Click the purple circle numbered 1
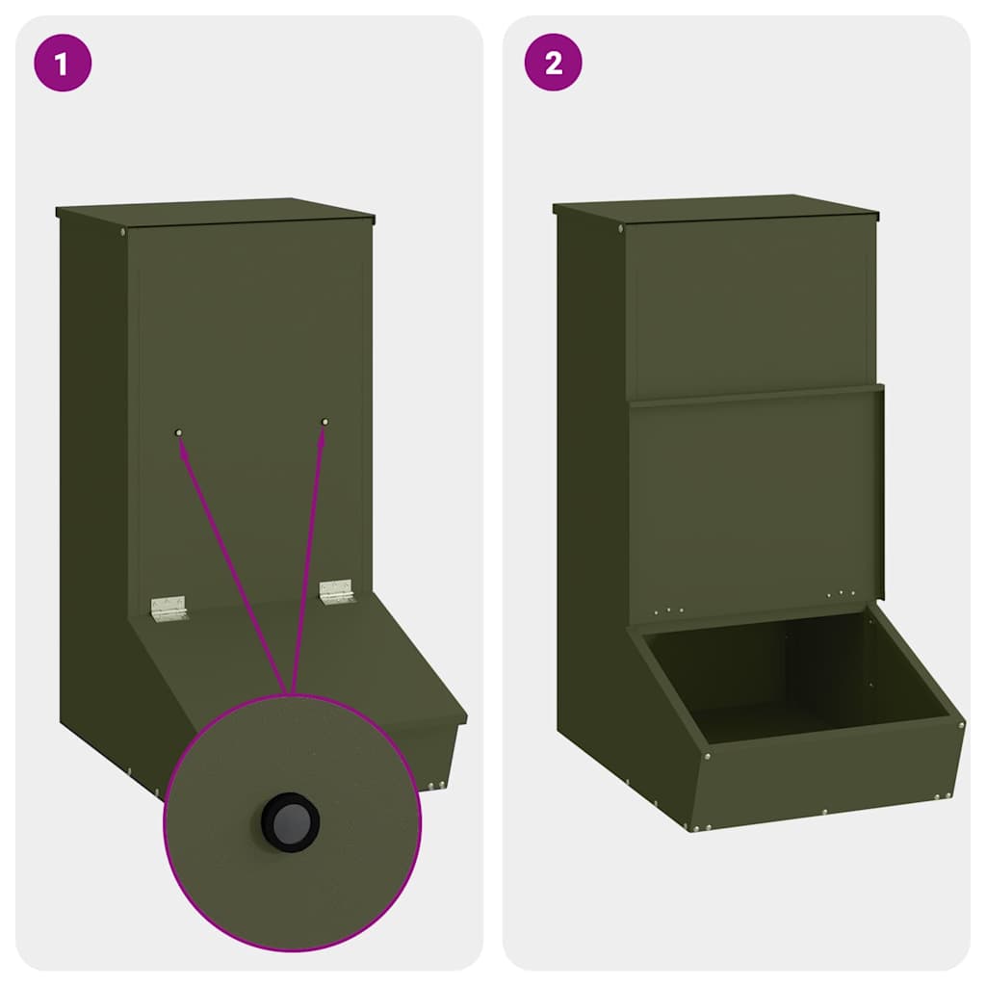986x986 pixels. click(63, 64)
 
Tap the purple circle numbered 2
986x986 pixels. click(553, 64)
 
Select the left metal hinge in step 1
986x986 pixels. click(168, 607)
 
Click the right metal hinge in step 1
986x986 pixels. click(336, 591)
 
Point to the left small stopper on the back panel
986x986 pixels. click(178, 433)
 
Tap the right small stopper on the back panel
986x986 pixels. click(324, 422)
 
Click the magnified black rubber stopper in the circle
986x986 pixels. click(291, 821)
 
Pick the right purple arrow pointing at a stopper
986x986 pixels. click(308, 558)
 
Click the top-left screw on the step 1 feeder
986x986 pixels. click(123, 231)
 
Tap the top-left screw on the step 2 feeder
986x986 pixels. click(620, 228)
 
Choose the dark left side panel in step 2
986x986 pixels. click(589, 481)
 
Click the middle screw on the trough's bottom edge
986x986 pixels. click(824, 812)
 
